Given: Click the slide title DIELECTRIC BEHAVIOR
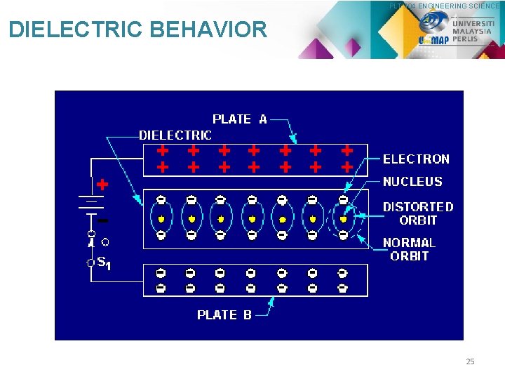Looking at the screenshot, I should coord(137,29).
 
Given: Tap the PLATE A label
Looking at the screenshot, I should coord(240,119).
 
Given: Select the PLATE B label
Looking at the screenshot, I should coord(224,315).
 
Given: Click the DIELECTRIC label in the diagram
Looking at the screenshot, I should coord(175,135).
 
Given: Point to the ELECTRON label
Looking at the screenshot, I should coord(416,159).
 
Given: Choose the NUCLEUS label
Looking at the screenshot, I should coord(412,182).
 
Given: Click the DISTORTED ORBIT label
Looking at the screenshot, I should coord(418,213).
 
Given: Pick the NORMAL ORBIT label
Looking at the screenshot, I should coord(409,249).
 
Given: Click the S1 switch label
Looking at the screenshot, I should coord(102,263).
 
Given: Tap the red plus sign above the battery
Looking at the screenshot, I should coord(102,185).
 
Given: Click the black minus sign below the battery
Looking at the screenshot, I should coord(102,220).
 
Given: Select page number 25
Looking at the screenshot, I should coord(470,361).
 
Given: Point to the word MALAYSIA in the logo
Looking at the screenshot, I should coord(471,31).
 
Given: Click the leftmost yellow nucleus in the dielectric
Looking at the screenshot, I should coord(161,219).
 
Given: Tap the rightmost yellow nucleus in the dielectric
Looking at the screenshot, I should coord(343,219).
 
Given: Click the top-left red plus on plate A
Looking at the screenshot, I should coord(163,150).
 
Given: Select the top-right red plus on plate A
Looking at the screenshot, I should coord(346,150).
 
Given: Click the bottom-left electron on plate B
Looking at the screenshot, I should coord(161,288).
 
